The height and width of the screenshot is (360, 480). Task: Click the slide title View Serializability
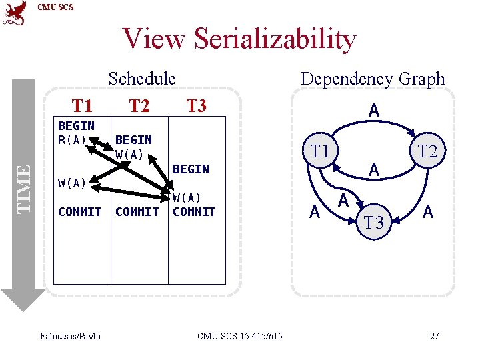[x=239, y=39]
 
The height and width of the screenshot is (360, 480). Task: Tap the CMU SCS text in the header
[x=56, y=7]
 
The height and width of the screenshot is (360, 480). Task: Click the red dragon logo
[x=15, y=13]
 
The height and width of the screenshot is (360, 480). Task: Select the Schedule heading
[x=142, y=79]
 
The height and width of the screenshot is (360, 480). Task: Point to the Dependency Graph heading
[x=372, y=79]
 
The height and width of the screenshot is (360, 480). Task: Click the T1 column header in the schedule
[x=82, y=105]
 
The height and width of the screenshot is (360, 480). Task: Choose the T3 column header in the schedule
[x=196, y=105]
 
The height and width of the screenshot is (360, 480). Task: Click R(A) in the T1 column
[x=73, y=139]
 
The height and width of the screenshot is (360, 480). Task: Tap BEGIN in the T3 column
[x=191, y=169]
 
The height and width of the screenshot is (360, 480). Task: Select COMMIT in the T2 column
[x=137, y=212]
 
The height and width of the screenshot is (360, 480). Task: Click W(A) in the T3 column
[x=186, y=198]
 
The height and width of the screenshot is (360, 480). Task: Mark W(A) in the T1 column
[x=72, y=183]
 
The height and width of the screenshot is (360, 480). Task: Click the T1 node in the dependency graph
[x=320, y=151]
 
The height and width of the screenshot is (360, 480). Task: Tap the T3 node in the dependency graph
[x=374, y=223]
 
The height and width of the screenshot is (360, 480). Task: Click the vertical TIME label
[x=24, y=189]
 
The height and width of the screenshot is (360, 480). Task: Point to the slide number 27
[x=434, y=335]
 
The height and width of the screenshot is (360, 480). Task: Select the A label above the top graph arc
[x=374, y=111]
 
